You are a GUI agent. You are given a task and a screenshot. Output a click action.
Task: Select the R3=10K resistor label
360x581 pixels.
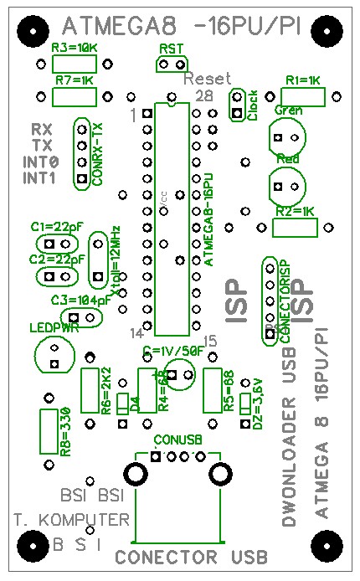(x=74, y=48)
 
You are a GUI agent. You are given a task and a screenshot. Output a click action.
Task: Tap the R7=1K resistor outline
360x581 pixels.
(x=75, y=96)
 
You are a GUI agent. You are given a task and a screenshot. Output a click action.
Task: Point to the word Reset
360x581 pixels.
(x=206, y=78)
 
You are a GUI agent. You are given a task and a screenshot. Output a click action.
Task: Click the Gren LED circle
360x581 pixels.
(x=287, y=136)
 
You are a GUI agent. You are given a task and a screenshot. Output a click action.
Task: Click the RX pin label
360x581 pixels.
(x=41, y=130)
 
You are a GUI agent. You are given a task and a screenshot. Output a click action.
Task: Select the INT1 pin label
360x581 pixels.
(x=39, y=177)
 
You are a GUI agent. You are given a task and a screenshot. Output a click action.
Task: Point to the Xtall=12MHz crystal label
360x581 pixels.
(x=115, y=260)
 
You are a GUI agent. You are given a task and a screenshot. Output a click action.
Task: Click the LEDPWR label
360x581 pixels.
(x=54, y=327)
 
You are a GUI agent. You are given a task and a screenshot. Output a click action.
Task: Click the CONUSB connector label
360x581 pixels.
(x=173, y=439)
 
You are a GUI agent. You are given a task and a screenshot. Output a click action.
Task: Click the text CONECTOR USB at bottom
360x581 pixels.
(x=191, y=558)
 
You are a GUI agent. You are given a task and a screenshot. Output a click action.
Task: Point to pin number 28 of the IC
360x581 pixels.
(x=203, y=95)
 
